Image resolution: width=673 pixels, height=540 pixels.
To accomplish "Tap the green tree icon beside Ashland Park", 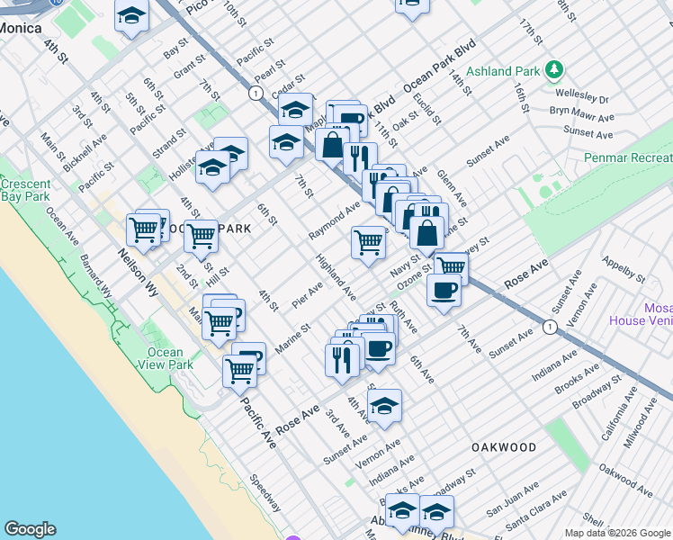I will (555, 68).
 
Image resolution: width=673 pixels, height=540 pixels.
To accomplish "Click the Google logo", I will (30, 529).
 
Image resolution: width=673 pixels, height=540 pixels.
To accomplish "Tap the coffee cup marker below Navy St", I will (444, 291).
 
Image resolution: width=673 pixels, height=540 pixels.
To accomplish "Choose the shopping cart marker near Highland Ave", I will (368, 242).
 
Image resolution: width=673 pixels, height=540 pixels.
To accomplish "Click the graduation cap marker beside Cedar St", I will (295, 111).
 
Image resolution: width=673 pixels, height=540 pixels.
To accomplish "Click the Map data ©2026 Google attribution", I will (616, 533).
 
